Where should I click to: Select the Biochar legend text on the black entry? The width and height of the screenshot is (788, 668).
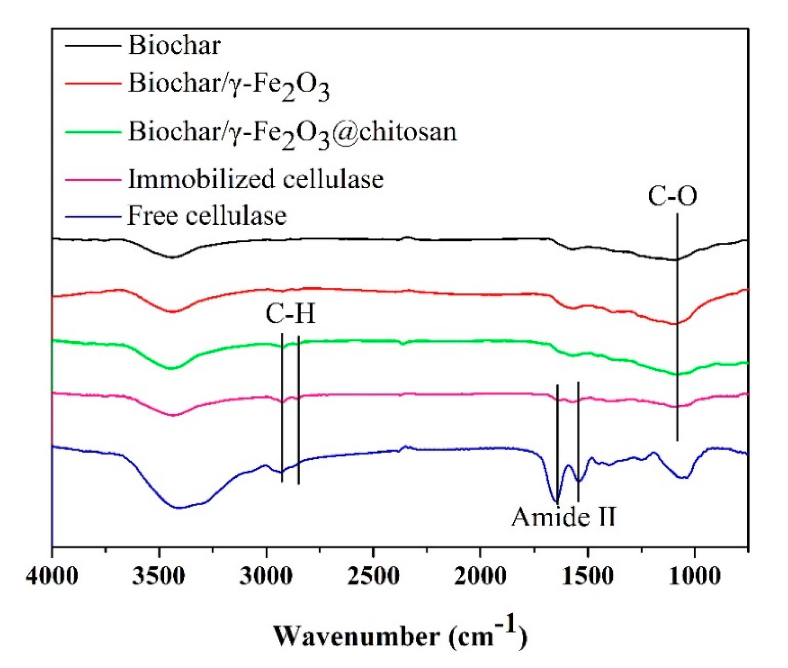coord(174,46)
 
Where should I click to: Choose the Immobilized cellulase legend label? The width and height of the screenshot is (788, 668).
coord(256,179)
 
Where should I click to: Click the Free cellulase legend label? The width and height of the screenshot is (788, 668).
coord(207,216)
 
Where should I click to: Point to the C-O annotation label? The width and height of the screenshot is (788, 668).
coord(672,197)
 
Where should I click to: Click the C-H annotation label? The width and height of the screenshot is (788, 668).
coord(290,314)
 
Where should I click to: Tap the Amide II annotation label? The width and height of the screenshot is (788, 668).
coord(564,517)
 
